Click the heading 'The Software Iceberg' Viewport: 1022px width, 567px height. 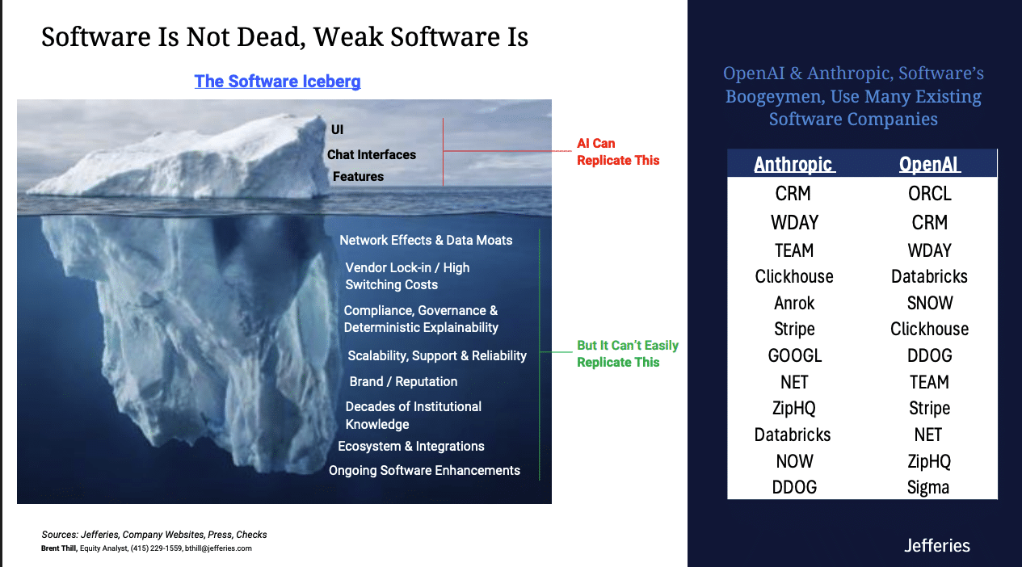[277, 82]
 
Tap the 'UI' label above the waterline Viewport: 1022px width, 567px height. [337, 129]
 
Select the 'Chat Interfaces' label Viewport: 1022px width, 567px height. [372, 154]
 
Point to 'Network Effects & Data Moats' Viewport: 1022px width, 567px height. [426, 240]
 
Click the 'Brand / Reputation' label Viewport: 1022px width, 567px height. [403, 381]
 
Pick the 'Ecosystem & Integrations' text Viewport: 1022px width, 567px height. [411, 446]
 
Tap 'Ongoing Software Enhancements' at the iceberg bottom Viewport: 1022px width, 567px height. [424, 470]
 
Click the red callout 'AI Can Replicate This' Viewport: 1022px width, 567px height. [618, 152]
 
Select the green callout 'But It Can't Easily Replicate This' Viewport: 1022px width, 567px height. [628, 354]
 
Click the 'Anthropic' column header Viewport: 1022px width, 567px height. [794, 164]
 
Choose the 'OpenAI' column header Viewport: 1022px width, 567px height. [929, 164]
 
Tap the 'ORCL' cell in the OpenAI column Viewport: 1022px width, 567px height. [929, 194]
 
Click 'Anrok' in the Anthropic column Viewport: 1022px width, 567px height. [794, 303]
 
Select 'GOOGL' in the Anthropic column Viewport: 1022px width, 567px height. [794, 355]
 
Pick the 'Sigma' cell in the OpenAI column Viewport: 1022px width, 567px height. [928, 487]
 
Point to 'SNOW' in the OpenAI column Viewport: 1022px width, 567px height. [929, 303]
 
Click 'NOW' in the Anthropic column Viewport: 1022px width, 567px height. [794, 461]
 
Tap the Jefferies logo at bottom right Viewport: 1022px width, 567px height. [937, 545]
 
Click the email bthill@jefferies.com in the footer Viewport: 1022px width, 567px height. [218, 548]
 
